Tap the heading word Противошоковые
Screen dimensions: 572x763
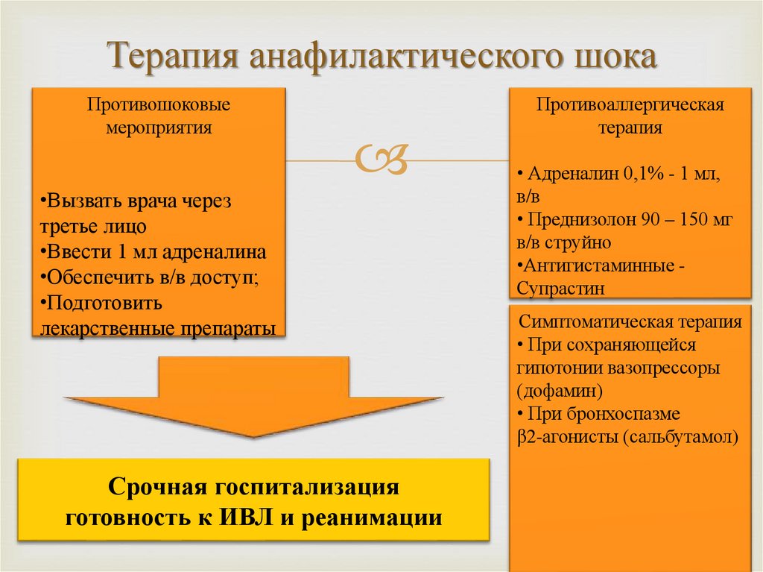158,104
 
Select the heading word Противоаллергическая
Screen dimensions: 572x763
630,104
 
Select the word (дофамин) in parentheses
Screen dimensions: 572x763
558,390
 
